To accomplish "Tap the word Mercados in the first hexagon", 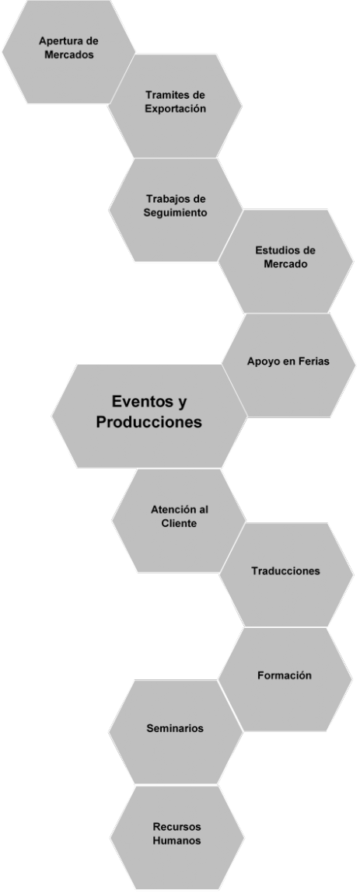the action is (x=69, y=55).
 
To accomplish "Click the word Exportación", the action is (x=175, y=108).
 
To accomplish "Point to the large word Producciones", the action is (x=149, y=422).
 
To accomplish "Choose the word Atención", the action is (x=169, y=509).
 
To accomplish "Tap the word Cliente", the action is (x=180, y=523).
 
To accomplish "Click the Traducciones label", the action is (x=285, y=570).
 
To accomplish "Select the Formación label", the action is (x=285, y=675).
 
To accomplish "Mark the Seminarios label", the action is (x=175, y=727).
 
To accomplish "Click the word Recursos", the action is (x=177, y=826).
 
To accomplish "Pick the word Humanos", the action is (x=177, y=840).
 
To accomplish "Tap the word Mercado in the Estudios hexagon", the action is (x=285, y=264).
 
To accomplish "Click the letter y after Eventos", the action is (x=182, y=403).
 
